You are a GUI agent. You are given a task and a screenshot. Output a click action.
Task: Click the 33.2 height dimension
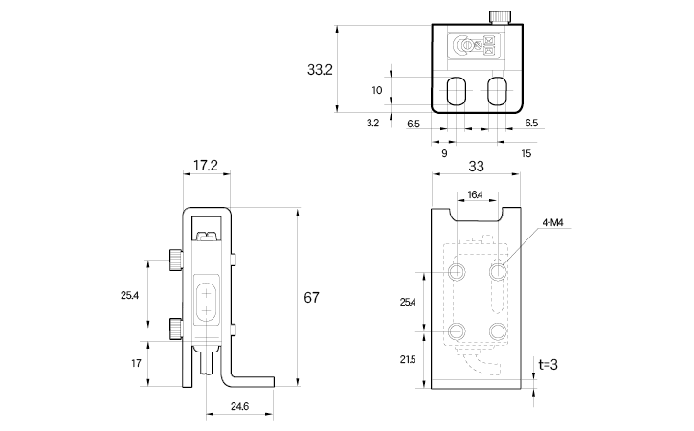click(320, 71)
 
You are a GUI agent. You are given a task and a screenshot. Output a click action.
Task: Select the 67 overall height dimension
click(311, 298)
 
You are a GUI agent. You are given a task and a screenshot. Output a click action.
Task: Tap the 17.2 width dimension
click(206, 166)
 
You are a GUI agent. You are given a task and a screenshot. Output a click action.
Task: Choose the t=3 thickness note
click(549, 365)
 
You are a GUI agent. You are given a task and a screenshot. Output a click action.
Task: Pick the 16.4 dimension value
click(476, 195)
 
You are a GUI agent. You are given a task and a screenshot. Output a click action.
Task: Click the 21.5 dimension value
click(407, 359)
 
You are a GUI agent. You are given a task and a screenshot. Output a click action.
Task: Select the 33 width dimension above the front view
click(476, 166)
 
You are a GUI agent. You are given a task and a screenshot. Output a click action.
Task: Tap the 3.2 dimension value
click(372, 124)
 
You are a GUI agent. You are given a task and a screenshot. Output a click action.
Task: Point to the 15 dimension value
click(526, 153)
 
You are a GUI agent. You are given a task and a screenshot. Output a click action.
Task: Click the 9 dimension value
click(444, 153)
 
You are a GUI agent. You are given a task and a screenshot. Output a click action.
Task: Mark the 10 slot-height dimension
click(376, 90)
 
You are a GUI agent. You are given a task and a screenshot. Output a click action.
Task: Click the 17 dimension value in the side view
click(136, 363)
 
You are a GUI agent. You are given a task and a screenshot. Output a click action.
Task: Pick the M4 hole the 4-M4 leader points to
click(497, 273)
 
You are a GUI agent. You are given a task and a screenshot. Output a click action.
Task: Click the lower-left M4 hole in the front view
click(458, 331)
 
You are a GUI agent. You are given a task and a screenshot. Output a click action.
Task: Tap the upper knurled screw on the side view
click(175, 260)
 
